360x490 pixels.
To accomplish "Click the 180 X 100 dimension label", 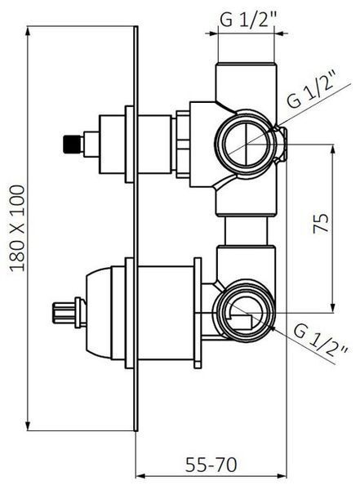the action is [17, 229].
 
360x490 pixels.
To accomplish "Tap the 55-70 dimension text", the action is [211, 465].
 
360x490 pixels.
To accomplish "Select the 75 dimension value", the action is [321, 222].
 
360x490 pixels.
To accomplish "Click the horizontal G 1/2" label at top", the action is [249, 20].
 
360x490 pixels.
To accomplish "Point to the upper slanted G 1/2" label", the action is [312, 89].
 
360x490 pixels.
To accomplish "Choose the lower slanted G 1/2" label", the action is [321, 341].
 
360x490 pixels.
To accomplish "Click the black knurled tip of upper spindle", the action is [72, 144].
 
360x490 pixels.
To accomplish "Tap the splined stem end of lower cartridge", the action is [64, 313].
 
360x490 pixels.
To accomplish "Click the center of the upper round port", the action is [247, 145].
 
